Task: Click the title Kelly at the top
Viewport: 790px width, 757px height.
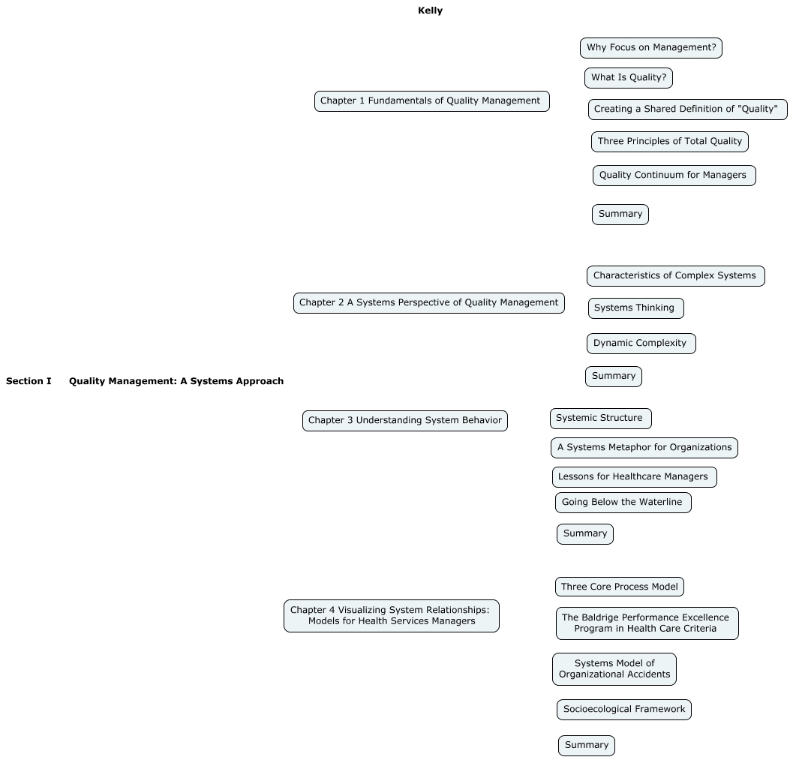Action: [430, 11]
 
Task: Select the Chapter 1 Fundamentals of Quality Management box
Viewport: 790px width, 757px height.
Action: [431, 101]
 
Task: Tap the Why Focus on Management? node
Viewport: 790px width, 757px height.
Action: [650, 48]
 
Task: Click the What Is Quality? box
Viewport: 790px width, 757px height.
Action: [628, 78]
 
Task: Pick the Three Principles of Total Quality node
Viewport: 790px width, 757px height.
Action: [669, 141]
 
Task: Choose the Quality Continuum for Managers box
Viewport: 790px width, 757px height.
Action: [673, 176]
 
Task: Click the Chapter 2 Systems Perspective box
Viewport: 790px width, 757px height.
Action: [428, 303]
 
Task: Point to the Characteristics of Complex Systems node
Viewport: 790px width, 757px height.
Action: [675, 276]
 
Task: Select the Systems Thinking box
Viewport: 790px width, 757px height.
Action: [635, 308]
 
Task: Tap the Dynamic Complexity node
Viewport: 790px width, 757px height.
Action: [640, 344]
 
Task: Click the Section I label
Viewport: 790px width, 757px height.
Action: [29, 381]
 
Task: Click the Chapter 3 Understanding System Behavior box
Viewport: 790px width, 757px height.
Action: [404, 421]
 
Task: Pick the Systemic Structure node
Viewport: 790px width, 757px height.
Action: [599, 419]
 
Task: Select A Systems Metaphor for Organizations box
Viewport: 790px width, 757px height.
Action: [644, 448]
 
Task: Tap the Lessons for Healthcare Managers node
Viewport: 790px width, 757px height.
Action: [633, 477]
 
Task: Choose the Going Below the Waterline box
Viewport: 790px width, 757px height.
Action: [622, 503]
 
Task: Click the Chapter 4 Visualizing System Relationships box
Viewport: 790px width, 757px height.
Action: [391, 616]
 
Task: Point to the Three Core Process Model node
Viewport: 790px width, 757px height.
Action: [619, 587]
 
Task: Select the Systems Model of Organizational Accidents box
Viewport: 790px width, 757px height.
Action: [614, 669]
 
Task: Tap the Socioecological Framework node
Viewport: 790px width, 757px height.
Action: [623, 710]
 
